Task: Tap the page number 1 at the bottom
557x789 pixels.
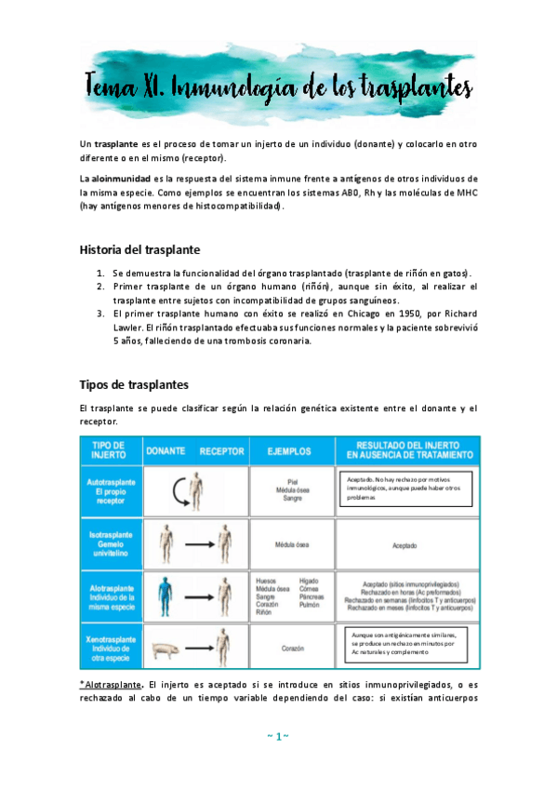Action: coord(278,737)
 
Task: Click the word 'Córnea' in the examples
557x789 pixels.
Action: coord(310,587)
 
